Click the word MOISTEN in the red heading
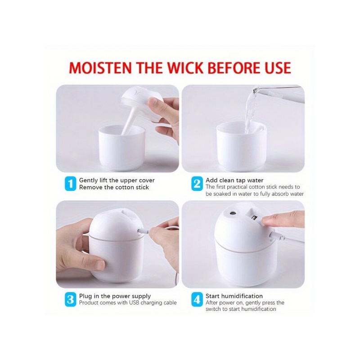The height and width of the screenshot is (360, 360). [100, 68]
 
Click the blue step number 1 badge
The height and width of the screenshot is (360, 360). [70, 184]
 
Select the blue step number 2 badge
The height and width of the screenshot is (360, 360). [197, 184]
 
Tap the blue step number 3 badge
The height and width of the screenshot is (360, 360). [70, 299]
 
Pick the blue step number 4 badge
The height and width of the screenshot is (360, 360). [197, 299]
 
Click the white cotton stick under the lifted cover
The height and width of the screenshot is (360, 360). [129, 122]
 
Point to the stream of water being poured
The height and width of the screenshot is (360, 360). [250, 110]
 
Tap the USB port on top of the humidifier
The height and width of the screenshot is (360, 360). [254, 217]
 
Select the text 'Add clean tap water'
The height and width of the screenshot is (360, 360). [234, 180]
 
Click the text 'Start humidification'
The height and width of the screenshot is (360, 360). [234, 296]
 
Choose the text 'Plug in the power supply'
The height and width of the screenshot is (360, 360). [115, 296]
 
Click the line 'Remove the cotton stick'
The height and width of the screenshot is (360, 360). [114, 187]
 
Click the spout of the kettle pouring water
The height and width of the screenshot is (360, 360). [256, 89]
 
